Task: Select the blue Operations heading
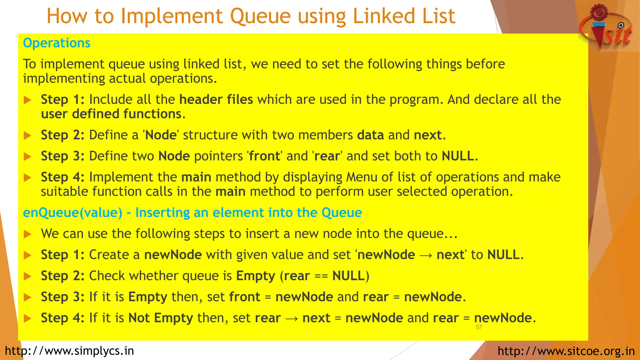tap(57, 43)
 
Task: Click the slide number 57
tap(478, 327)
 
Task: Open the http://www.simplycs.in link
tap(69, 351)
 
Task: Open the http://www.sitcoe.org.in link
tap(566, 351)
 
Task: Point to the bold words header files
tap(216, 99)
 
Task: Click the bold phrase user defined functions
tap(111, 114)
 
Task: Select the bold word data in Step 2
tap(370, 135)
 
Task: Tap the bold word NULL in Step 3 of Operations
tap(458, 156)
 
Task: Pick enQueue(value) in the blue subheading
tap(72, 212)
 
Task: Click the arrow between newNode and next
tap(426, 255)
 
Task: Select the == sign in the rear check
tap(321, 276)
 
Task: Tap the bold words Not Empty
tap(161, 318)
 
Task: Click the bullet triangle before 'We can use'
tap(27, 234)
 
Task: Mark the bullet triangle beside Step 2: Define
tap(27, 136)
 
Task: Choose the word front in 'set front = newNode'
tap(245, 297)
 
